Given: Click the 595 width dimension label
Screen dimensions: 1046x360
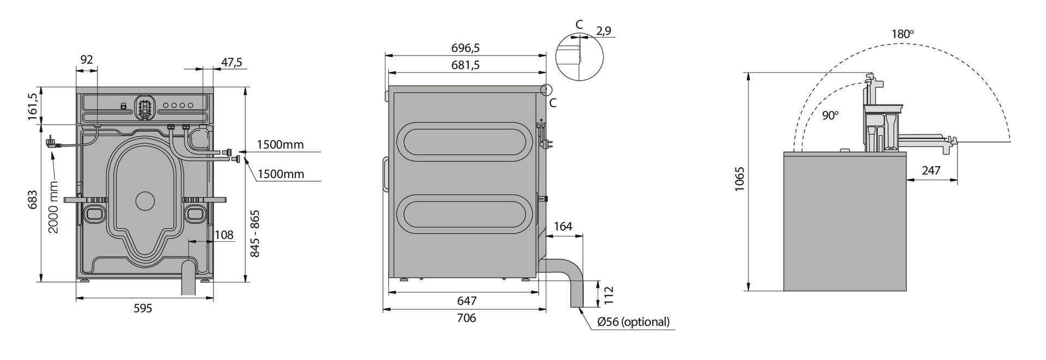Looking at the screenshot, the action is (143, 308).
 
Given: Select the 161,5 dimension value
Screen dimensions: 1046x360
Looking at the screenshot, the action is (33, 106).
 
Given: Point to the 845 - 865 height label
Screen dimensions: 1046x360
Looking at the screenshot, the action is (254, 234).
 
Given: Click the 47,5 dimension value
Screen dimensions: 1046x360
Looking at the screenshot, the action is (232, 62).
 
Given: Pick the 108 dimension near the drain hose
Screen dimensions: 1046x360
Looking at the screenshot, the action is (224, 235).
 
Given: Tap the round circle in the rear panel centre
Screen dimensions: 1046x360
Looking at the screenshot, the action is (145, 201).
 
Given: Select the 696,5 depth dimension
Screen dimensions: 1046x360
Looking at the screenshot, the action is (466, 48).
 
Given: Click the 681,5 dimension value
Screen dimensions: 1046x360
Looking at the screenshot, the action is (466, 65).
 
